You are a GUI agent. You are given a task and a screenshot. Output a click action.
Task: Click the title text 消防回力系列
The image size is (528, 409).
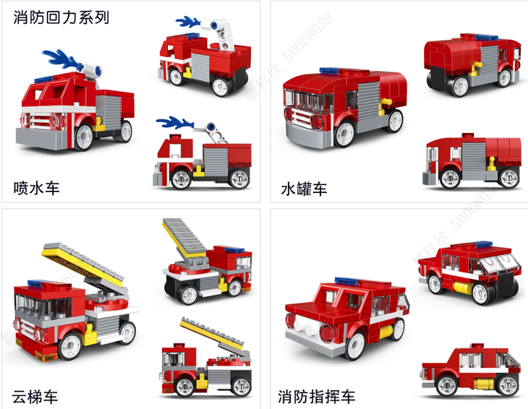coord(61,17)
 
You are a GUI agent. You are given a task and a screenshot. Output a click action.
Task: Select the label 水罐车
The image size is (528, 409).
coord(305,189)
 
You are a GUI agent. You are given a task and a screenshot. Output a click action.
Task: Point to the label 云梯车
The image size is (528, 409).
coord(35,396)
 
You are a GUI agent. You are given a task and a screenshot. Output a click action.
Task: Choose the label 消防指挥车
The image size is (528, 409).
coord(317,396)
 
